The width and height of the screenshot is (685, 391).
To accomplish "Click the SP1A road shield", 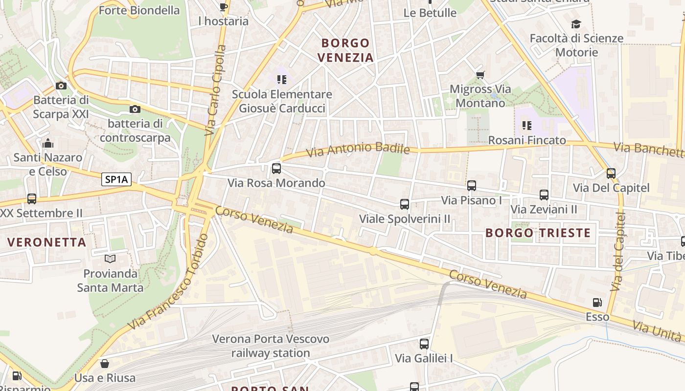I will point(116,179).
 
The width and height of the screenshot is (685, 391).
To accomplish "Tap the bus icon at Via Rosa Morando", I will point(276,169).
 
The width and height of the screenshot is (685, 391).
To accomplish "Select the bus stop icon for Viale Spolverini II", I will point(405,204).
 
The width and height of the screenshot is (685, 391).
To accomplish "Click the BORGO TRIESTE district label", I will point(538,233).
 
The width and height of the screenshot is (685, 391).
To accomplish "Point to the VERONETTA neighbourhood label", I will point(47,242).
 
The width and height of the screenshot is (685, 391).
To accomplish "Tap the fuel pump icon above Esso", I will point(597,303).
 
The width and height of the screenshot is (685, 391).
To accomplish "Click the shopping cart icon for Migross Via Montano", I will point(480,75).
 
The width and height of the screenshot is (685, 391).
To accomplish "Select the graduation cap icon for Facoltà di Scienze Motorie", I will point(576,24).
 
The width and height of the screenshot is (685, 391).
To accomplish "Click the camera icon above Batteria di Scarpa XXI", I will point(61,86).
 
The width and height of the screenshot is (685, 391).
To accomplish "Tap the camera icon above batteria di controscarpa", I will point(135,109).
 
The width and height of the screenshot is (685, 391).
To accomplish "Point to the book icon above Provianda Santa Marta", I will point(110,259).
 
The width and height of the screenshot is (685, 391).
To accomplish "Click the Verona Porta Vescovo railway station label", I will point(271,346).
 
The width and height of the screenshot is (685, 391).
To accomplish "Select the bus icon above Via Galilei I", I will point(424,344).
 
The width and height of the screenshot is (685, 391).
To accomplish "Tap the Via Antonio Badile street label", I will point(358,149).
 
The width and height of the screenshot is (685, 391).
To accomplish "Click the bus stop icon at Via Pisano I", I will point(472,186).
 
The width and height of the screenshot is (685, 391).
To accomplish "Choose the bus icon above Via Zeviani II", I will point(544,195).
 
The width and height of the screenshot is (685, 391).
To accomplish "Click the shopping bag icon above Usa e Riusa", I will point(105,364).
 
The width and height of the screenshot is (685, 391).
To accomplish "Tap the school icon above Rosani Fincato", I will point(527,126).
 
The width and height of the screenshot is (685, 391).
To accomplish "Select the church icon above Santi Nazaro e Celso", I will point(48,143).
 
